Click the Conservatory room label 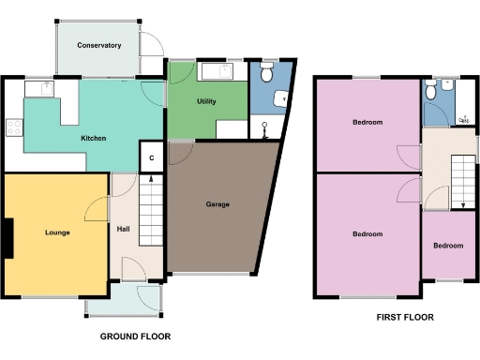(99, 45)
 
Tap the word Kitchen (93, 139)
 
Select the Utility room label (207, 100)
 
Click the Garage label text (217, 204)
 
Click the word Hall (123, 228)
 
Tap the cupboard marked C (151, 157)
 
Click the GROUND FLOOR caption (135, 335)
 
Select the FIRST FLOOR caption (405, 318)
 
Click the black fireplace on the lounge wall (7, 237)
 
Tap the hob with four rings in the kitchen (14, 128)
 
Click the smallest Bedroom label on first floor (447, 246)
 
